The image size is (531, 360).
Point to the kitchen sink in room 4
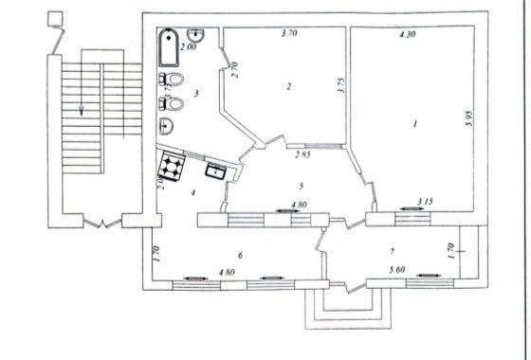tap(214, 171)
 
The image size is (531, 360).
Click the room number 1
tap(413, 123)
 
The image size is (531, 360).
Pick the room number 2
tap(286, 88)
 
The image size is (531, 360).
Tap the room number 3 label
tap(195, 94)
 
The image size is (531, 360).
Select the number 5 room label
tap(300, 186)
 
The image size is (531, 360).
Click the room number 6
tap(241, 256)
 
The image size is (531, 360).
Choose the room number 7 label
tap(391, 251)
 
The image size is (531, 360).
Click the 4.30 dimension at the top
tap(407, 35)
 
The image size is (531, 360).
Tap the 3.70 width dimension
tap(290, 34)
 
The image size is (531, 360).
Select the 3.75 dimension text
tap(340, 87)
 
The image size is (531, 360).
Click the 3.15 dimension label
tap(425, 201)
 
